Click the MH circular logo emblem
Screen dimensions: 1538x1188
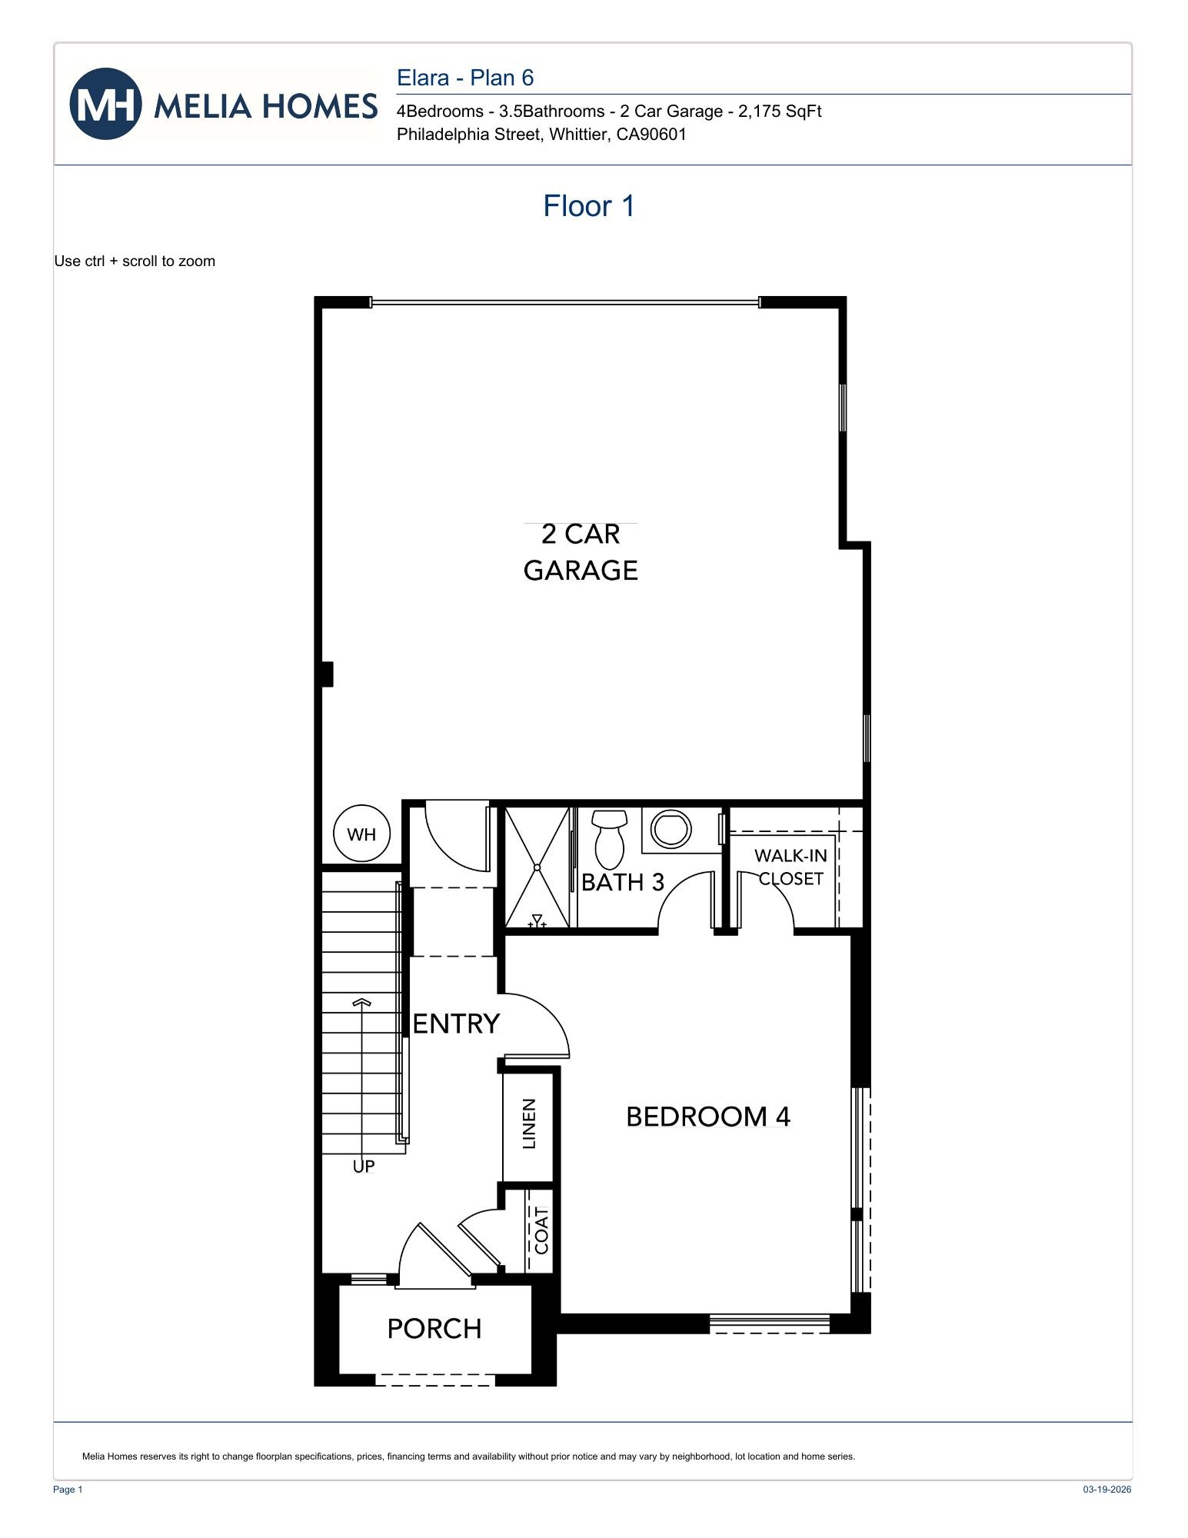pyautogui.click(x=105, y=105)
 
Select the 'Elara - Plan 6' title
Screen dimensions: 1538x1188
pyautogui.click(x=464, y=78)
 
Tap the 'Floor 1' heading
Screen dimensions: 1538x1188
pyautogui.click(x=588, y=206)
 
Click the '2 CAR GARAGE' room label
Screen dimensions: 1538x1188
pyautogui.click(x=581, y=552)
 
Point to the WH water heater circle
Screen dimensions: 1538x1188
pyautogui.click(x=361, y=834)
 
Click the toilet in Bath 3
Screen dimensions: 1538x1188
pyautogui.click(x=610, y=840)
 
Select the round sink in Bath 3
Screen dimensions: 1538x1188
pyautogui.click(x=671, y=829)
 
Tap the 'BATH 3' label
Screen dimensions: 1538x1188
pyautogui.click(x=622, y=882)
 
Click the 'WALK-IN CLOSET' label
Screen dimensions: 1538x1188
pyautogui.click(x=790, y=867)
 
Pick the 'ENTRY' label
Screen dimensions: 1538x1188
pyautogui.click(x=456, y=1024)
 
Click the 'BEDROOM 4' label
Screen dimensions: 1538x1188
pyautogui.click(x=707, y=1117)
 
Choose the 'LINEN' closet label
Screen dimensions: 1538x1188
pyautogui.click(x=529, y=1124)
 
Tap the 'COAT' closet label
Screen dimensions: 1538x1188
pyautogui.click(x=541, y=1230)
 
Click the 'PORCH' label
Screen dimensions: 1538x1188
pyautogui.click(x=434, y=1328)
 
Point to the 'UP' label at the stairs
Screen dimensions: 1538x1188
pyautogui.click(x=364, y=1167)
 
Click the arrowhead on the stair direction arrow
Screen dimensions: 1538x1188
pyautogui.click(x=361, y=1003)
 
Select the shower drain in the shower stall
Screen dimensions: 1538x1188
pyautogui.click(x=537, y=867)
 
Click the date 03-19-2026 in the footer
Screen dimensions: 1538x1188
pyautogui.click(x=1106, y=1490)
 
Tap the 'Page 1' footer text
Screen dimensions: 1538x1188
pyautogui.click(x=68, y=1490)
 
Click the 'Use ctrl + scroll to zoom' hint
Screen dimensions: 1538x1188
pyautogui.click(x=135, y=261)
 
